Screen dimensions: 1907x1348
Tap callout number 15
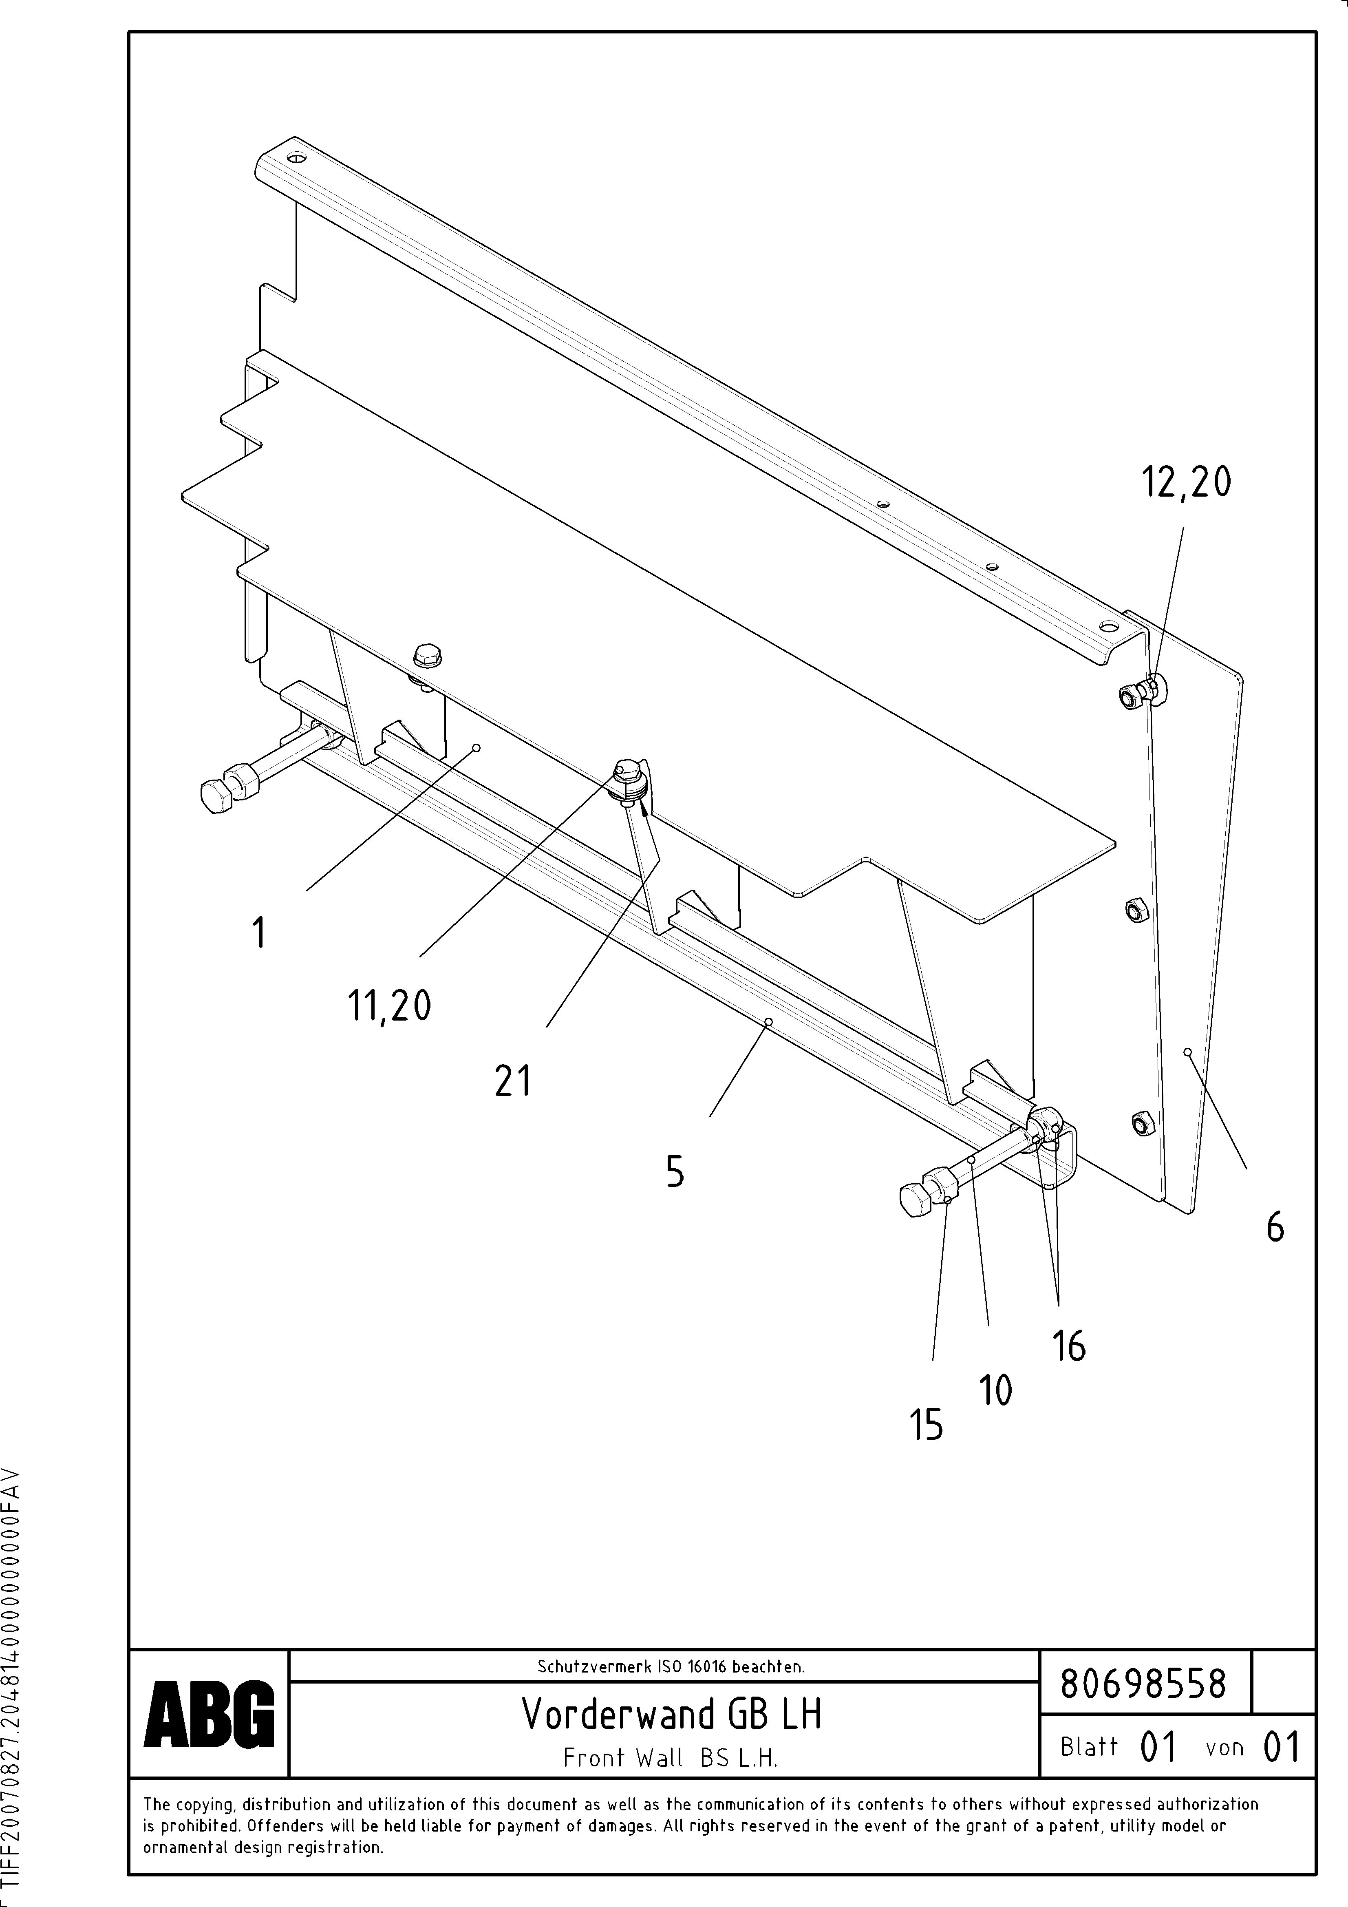[927, 1425]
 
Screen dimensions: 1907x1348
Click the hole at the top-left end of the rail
[296, 157]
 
